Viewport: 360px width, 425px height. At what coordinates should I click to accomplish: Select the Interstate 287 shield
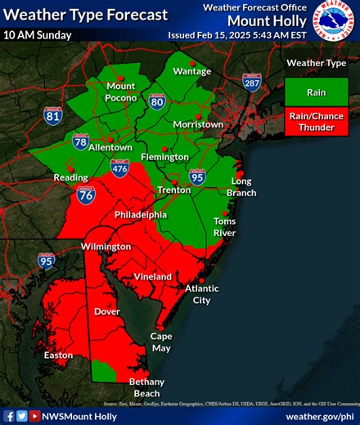pos(252,82)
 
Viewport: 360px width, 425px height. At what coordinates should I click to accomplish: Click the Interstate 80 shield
pos(157,101)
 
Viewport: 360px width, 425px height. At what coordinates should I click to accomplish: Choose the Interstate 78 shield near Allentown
pos(80,141)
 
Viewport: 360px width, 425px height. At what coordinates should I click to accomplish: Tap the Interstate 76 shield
pos(86,195)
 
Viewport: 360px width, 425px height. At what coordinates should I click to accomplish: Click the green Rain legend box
pos(316,92)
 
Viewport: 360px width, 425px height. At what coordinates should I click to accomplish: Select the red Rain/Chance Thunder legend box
pos(316,123)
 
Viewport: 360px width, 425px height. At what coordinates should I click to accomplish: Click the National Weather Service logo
pos(336,22)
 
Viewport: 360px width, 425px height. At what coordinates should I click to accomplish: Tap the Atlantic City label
pos(202,294)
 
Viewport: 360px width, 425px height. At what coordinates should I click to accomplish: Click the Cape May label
pos(160,342)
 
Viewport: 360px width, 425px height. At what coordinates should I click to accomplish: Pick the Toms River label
pos(224,226)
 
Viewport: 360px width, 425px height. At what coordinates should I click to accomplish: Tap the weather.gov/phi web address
pos(319,416)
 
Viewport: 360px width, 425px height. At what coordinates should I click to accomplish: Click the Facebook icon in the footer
pos(9,416)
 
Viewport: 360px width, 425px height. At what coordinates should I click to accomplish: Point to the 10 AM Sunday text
pos(37,35)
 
